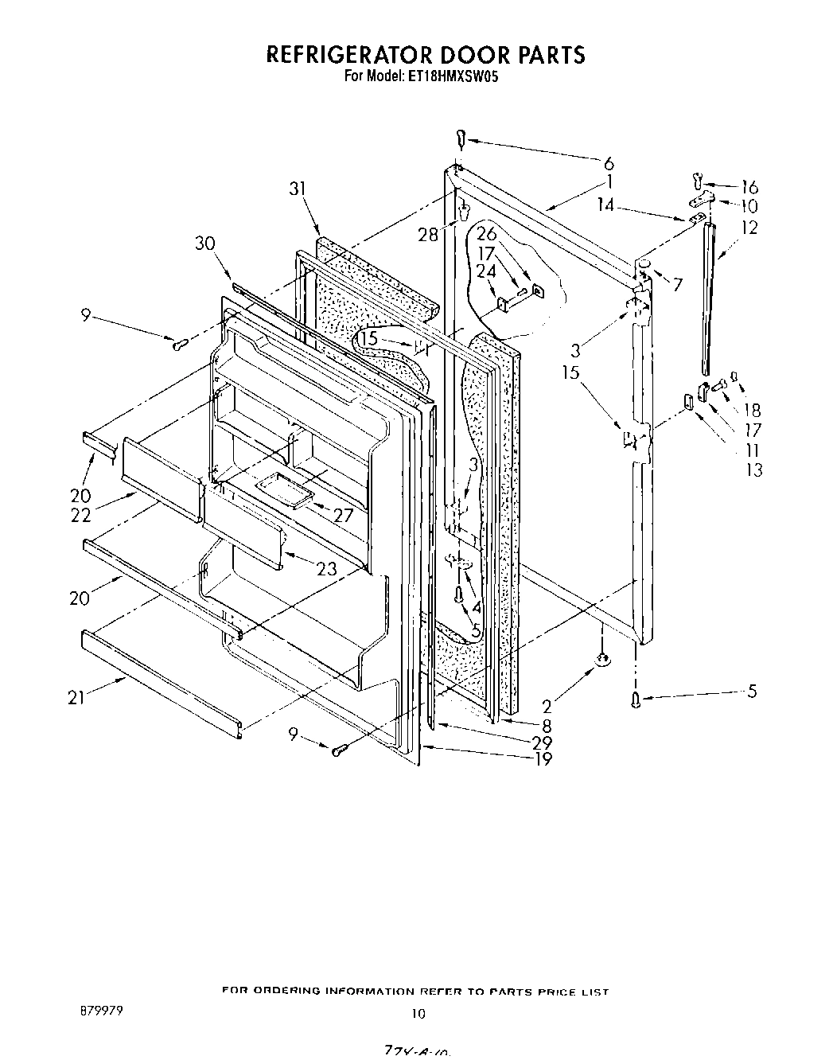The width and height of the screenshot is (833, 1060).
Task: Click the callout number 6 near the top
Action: [609, 163]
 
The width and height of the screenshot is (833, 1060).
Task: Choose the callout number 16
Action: [749, 188]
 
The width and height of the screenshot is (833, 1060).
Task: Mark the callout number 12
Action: [749, 228]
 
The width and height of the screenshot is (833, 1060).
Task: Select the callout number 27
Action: [343, 515]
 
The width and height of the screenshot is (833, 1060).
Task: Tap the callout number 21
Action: [76, 698]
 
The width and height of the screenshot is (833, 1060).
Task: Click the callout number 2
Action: [547, 705]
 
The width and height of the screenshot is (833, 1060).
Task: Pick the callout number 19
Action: [543, 758]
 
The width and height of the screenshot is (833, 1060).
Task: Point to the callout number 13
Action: [753, 470]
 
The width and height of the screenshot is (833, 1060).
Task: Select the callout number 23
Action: [325, 569]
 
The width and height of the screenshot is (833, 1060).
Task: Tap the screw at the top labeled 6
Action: [460, 140]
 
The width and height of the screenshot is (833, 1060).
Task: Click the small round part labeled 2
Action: [603, 658]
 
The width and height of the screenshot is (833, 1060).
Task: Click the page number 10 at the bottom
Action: [418, 1014]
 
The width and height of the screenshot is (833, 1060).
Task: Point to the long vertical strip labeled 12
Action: [708, 298]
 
